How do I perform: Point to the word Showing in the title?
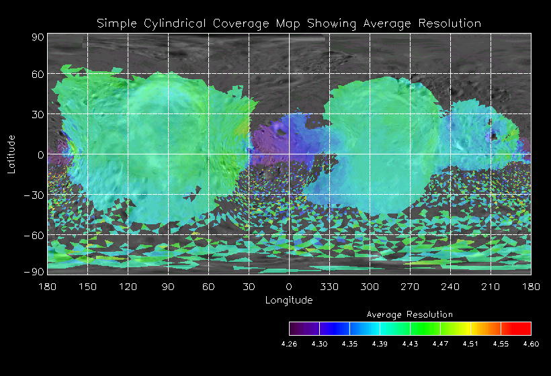pos(332,23)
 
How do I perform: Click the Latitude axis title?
pos(11,154)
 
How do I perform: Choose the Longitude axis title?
pos(289,300)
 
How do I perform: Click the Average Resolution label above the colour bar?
pos(410,314)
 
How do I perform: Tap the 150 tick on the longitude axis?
pos(88,287)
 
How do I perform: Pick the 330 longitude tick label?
pos(329,287)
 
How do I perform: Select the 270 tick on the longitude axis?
pos(410,287)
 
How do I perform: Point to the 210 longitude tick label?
pos(491,287)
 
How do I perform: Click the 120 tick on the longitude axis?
pos(128,287)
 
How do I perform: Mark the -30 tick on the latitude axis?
pos(34,195)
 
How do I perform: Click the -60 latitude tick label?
pos(34,235)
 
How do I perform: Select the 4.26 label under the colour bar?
pos(289,344)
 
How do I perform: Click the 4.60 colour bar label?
pos(531,344)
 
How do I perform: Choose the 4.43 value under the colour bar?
pos(410,344)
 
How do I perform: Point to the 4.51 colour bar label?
pos(470,344)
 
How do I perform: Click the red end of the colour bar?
pos(524,328)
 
